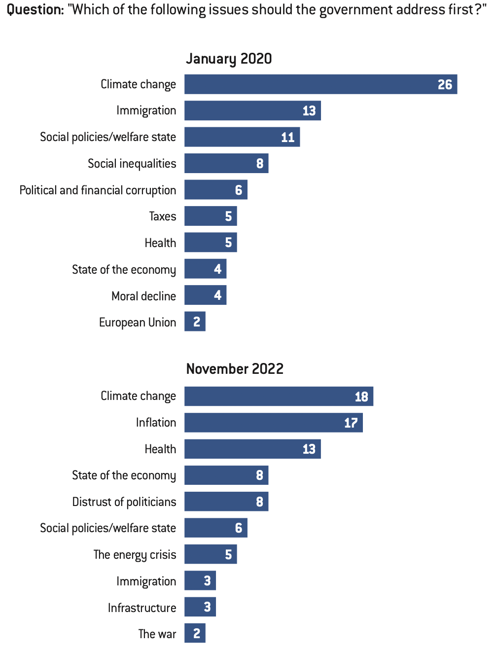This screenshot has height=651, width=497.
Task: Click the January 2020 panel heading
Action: [x=229, y=59]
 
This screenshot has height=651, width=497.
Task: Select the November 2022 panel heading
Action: [x=235, y=369]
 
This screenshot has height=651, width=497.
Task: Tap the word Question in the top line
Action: [x=35, y=9]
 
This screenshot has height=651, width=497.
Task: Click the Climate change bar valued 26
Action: [x=320, y=84]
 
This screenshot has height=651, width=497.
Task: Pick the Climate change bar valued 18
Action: [x=279, y=397]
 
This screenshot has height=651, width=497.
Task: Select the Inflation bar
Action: [x=273, y=423]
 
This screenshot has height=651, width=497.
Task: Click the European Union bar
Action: [x=195, y=322]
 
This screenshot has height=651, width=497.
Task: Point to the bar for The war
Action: [x=195, y=633]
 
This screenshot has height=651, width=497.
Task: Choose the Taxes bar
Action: [x=211, y=216]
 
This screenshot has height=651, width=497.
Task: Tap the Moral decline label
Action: [x=143, y=296]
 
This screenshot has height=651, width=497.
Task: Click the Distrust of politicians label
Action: [x=124, y=502]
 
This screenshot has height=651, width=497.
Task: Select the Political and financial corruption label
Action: [x=98, y=190]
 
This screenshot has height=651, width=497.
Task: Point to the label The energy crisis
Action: [x=135, y=554]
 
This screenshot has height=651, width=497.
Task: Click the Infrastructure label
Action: [x=142, y=608]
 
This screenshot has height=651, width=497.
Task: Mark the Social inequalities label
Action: [x=132, y=163]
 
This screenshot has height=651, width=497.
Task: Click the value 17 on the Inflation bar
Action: [x=351, y=423]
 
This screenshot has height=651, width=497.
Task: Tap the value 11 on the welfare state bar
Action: [x=287, y=137]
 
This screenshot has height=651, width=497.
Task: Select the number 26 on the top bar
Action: [x=445, y=84]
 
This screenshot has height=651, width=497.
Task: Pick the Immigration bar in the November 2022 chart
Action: [x=200, y=581]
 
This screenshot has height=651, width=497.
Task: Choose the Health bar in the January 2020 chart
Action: [x=211, y=243]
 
